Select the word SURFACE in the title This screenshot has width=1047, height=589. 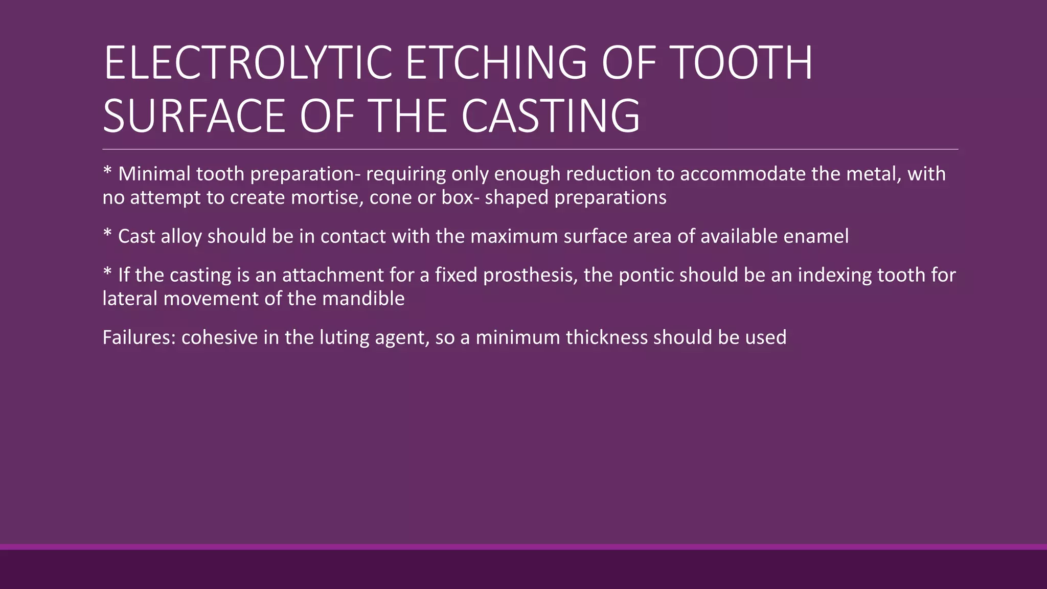194,116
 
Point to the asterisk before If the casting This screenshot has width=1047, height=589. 107,272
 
